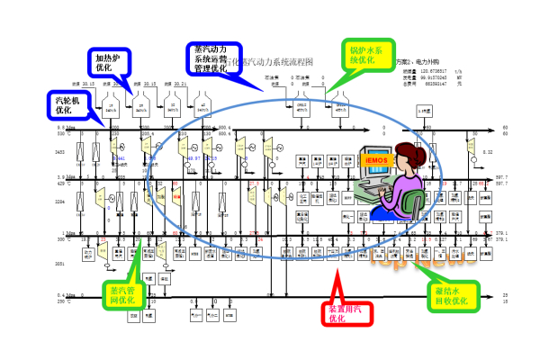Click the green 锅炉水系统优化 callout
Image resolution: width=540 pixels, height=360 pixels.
[x=366, y=55]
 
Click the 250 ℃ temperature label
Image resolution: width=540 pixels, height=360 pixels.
[x=62, y=301]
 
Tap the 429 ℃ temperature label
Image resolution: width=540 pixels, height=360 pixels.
[x=62, y=184]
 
